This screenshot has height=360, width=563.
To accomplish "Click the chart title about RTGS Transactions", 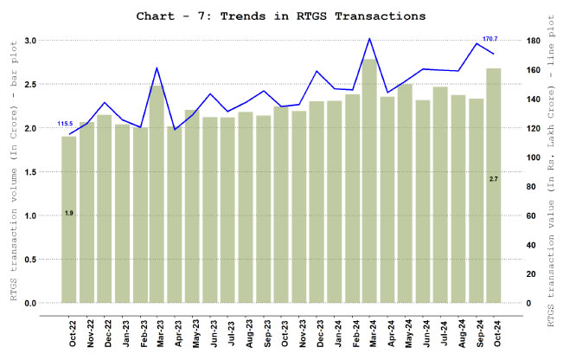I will click(x=281, y=16).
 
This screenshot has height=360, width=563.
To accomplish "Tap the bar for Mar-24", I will click(x=369, y=182).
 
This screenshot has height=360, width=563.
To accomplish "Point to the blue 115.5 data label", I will click(x=65, y=124).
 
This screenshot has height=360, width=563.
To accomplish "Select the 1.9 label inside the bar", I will click(x=68, y=212).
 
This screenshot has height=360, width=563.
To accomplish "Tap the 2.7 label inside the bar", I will click(x=493, y=178).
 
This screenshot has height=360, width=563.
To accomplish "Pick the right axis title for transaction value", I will click(x=551, y=173).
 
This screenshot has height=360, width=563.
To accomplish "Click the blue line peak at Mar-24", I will click(x=369, y=39).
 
